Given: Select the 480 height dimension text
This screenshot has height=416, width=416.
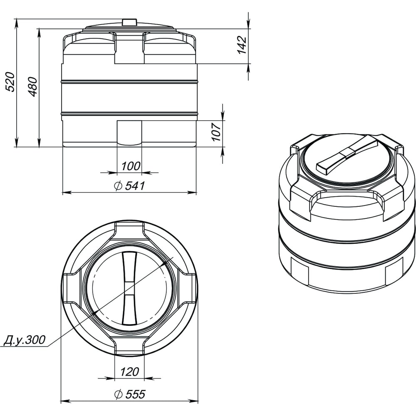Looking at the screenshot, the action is pos(33,87).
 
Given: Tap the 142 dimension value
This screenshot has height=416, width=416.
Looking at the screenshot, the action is pos(242,45).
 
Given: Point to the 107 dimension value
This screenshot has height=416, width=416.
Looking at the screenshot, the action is pos(217,131).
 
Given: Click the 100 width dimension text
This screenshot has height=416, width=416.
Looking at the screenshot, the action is pos(131,166).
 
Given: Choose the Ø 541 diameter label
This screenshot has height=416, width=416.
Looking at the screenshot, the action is pos(129,186).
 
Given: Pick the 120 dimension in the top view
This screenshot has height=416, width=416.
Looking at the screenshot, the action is pos(129,372).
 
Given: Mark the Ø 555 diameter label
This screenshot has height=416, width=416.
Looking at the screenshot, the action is pos(130,394).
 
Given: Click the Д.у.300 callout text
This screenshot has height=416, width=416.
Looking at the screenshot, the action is pos(25,340).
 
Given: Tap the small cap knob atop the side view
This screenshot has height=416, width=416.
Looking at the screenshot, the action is pos(129,22).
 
